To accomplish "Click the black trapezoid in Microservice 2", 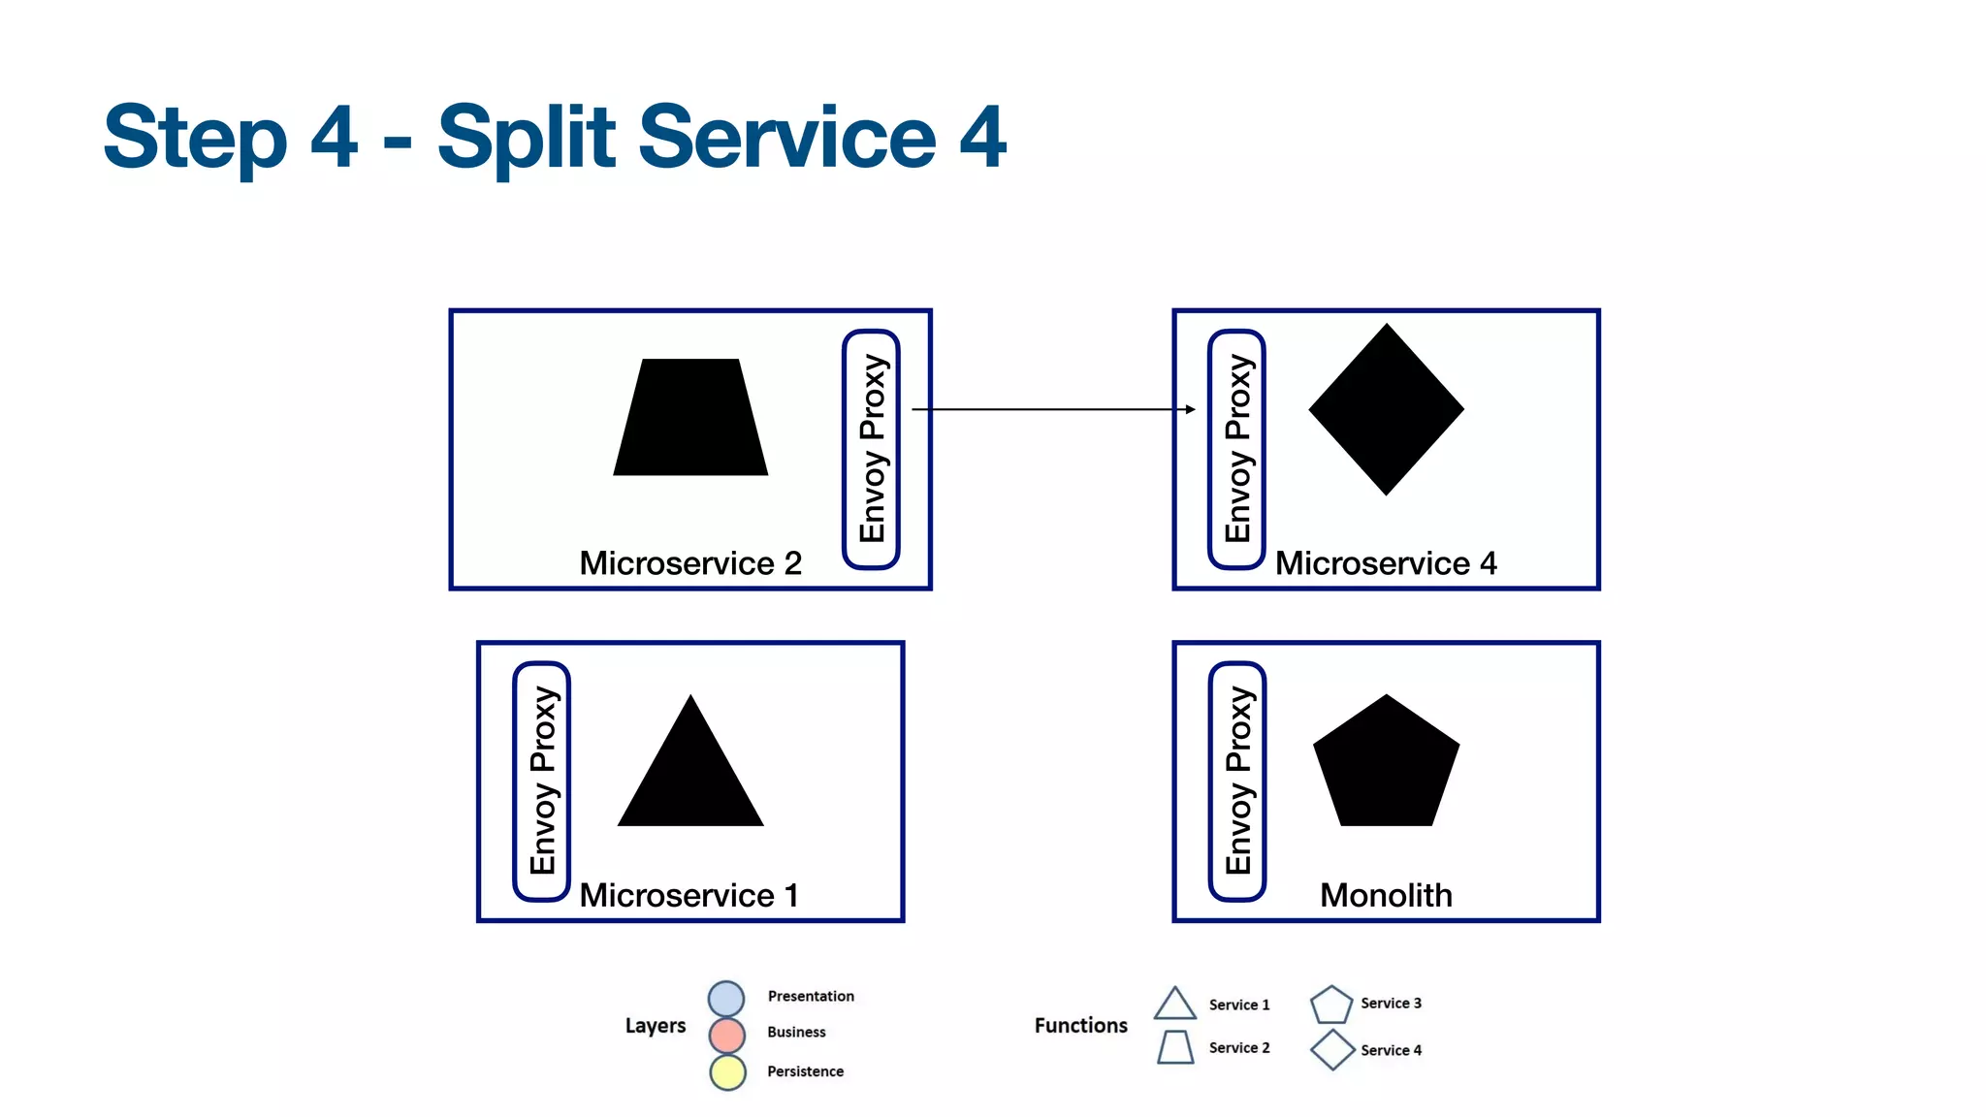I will (x=690, y=419).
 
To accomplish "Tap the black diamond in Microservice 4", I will (x=1386, y=409).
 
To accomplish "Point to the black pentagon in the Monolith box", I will (x=1386, y=766).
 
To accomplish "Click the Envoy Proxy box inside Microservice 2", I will (x=872, y=449).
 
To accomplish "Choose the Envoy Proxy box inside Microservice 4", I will (x=1236, y=449).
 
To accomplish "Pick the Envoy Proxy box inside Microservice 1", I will (x=541, y=782).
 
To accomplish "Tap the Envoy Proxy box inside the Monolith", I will (x=1237, y=782).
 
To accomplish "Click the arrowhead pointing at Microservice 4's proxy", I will (x=1191, y=409).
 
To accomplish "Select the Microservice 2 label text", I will (x=690, y=563).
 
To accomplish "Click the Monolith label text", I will (x=1386, y=895).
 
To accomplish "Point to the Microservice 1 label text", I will (x=689, y=895).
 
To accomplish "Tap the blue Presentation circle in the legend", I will (x=726, y=998).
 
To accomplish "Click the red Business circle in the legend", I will (x=726, y=1035).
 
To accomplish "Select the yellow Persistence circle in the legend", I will (x=727, y=1072).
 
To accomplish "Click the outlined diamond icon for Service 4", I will (x=1332, y=1050).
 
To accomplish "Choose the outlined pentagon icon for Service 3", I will (x=1331, y=1005).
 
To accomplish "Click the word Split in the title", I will (x=527, y=138).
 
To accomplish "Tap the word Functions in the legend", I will (x=1080, y=1026).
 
